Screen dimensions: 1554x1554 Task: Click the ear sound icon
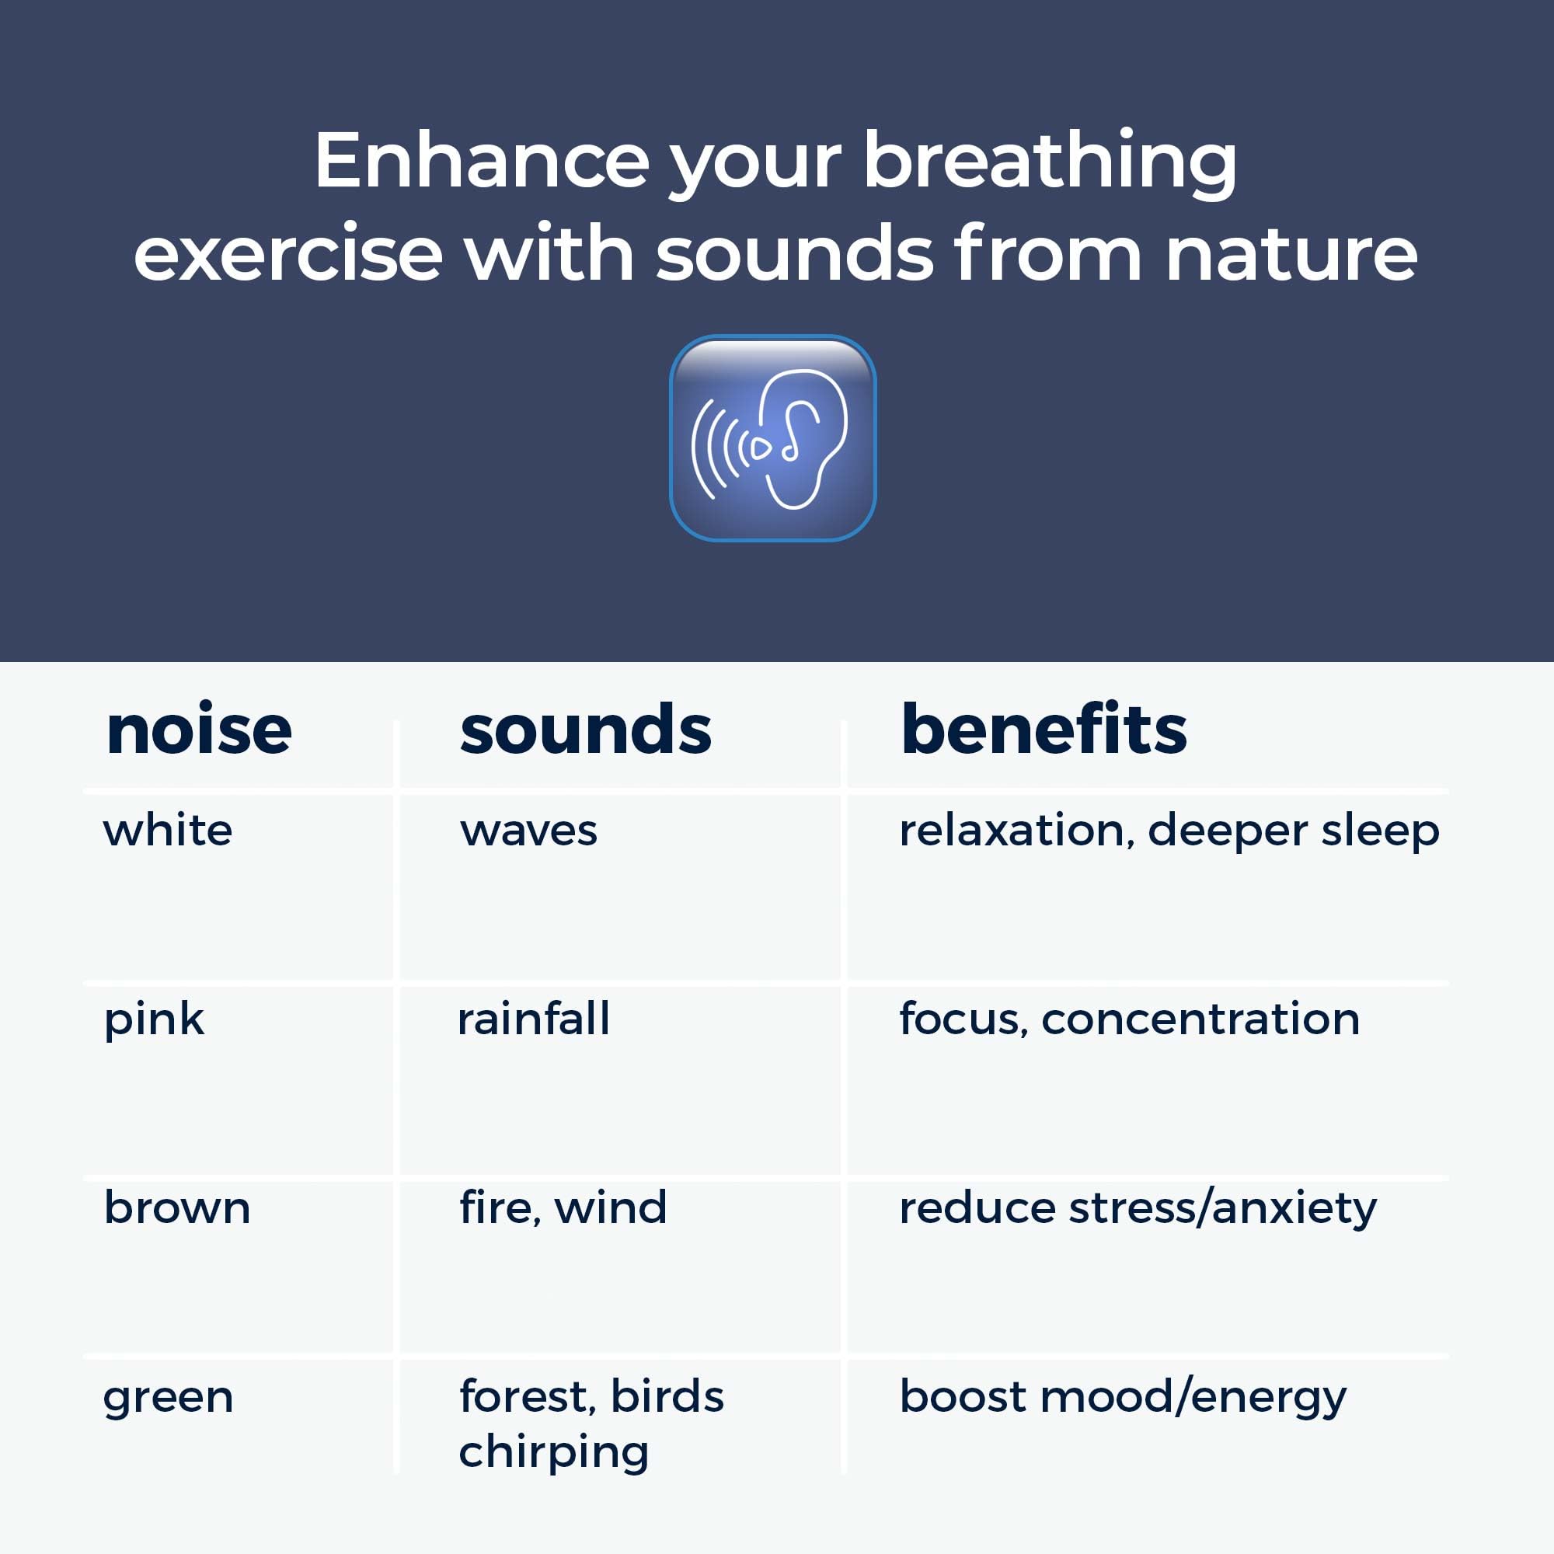(x=772, y=437)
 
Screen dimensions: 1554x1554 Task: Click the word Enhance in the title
(x=481, y=161)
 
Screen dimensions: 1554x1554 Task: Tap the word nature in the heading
(x=1291, y=254)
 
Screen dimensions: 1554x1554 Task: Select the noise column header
(x=199, y=730)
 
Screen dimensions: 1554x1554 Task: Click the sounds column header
(x=586, y=730)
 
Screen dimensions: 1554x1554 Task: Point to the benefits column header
(x=1044, y=730)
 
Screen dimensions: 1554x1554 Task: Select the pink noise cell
(x=155, y=1020)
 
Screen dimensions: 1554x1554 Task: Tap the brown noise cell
(x=177, y=1208)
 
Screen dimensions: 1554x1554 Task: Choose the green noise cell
(x=168, y=1398)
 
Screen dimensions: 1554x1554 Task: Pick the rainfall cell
(x=533, y=1019)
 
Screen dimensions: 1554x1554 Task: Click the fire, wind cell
(x=563, y=1208)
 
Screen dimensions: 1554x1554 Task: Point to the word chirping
(x=553, y=1453)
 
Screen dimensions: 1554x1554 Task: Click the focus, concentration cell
(x=1129, y=1019)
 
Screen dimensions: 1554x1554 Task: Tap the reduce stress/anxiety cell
(x=1138, y=1208)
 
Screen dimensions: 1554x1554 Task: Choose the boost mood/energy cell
(x=1123, y=1397)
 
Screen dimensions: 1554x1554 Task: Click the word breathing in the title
(x=1050, y=161)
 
